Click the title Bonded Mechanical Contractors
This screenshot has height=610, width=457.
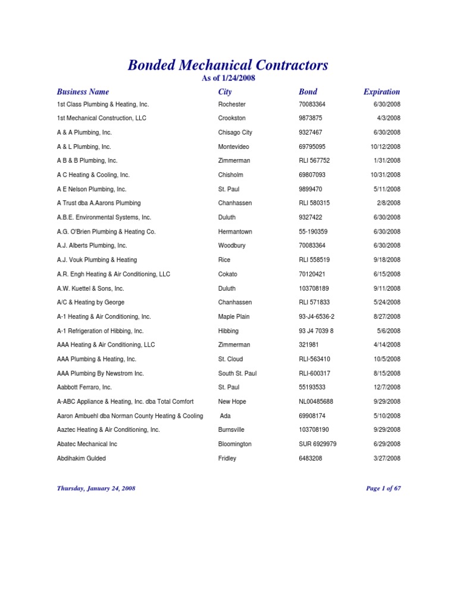pos(228,66)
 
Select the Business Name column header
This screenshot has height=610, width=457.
pos(83,92)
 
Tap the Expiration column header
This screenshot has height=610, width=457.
pos(381,92)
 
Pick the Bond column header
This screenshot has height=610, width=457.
pos(308,92)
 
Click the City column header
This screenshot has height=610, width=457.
pos(225,92)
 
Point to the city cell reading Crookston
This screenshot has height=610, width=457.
pos(232,119)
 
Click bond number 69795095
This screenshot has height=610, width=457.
pos(312,147)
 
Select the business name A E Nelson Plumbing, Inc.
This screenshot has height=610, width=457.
pos(92,189)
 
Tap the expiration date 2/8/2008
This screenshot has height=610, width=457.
pos(389,203)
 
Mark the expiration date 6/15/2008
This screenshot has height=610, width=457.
pos(387,274)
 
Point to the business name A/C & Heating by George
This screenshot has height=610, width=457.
pos(90,303)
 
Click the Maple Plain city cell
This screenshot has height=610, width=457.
pos(234,317)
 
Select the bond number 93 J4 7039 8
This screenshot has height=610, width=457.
pos(316,331)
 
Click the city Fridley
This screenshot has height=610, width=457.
pos(227,459)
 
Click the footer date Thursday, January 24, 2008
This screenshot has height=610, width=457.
pos(96,488)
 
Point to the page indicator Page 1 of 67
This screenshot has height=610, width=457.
pos(383,488)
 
